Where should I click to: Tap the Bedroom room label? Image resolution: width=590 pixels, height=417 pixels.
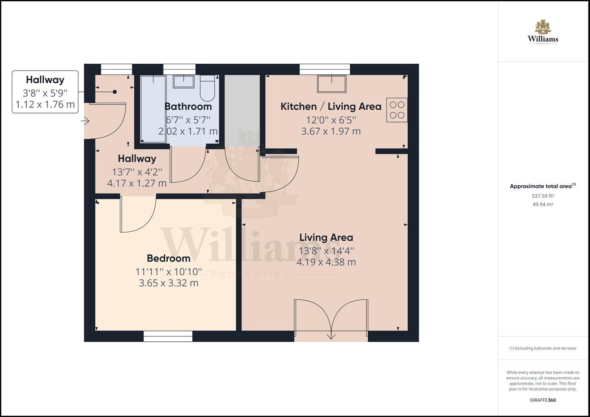168,258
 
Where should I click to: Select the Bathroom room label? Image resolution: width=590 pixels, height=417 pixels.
188,107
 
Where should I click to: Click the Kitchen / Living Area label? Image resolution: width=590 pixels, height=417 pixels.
331,107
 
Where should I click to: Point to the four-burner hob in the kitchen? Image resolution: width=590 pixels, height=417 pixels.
397,110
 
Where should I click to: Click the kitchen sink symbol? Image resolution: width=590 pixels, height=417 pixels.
332,84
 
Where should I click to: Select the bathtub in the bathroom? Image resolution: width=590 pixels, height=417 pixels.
153,109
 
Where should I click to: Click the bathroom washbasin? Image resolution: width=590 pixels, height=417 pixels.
184,81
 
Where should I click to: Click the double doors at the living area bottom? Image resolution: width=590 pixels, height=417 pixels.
331,319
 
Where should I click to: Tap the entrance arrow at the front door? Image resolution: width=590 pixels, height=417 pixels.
85,121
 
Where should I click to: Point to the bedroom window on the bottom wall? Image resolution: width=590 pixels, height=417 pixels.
168,336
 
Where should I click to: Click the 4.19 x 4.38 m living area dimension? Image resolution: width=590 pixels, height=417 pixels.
326,262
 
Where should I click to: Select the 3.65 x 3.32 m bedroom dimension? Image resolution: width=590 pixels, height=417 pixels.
168,283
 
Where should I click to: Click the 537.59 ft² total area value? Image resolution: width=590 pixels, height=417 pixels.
542,196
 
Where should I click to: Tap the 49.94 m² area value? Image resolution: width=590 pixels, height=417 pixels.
542,205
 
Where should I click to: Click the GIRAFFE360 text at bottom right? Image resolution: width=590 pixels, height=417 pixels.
542,400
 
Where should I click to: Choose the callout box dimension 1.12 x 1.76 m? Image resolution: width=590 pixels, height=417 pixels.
45,105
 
